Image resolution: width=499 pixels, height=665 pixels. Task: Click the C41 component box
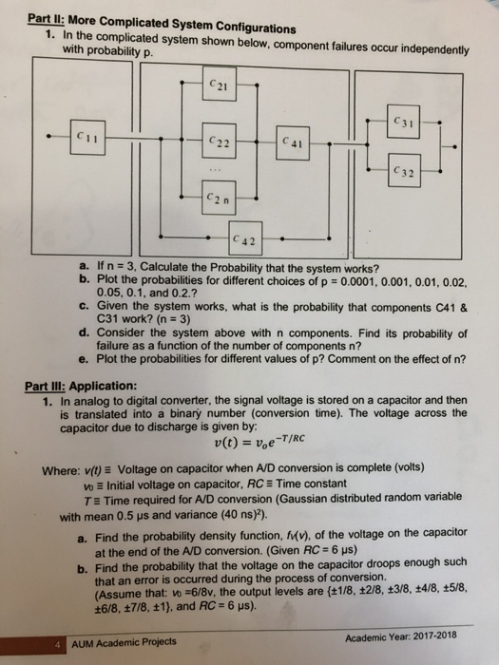coord(289,142)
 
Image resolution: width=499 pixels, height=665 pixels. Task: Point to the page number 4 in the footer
coord(58,639)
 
